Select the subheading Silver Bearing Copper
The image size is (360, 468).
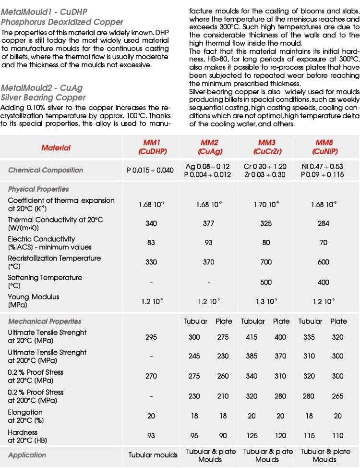coord(43,98)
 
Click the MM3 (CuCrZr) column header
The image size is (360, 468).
coord(266,147)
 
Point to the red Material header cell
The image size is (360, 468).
coord(56,148)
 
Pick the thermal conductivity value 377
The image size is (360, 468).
coord(208,223)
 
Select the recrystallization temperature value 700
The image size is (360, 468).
coord(266,262)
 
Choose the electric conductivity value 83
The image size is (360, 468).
coord(151,243)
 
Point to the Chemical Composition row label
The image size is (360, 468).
coord(46,170)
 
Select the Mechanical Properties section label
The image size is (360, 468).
coord(45,321)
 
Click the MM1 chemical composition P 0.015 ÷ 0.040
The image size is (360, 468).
coord(150,170)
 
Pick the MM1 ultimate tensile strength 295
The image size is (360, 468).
coord(151,337)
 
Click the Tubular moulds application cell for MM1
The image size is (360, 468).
coord(153,455)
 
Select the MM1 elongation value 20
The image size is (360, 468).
coord(151,416)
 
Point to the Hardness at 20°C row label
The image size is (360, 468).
coord(27,436)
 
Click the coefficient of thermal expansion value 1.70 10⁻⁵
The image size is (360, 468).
coord(266,205)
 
